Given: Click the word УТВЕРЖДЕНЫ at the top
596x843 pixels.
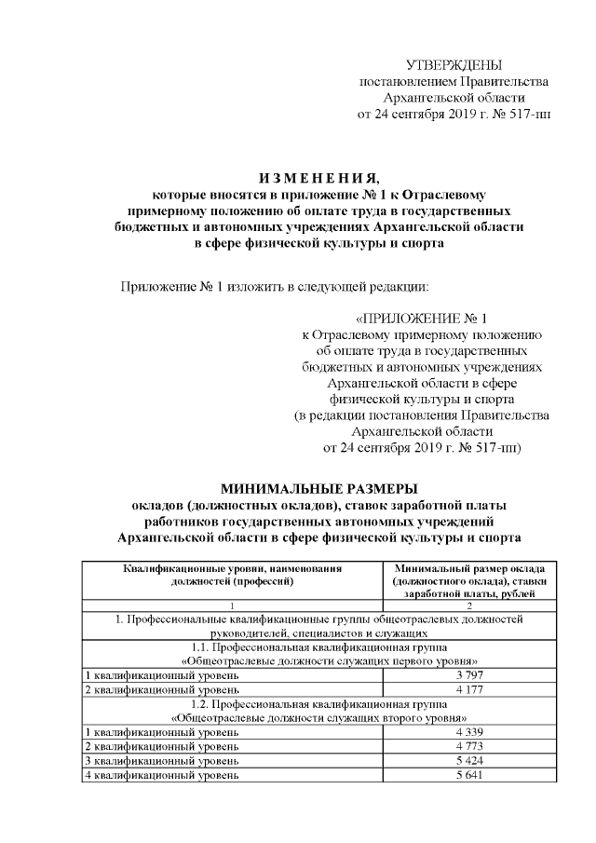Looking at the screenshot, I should (454, 64).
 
